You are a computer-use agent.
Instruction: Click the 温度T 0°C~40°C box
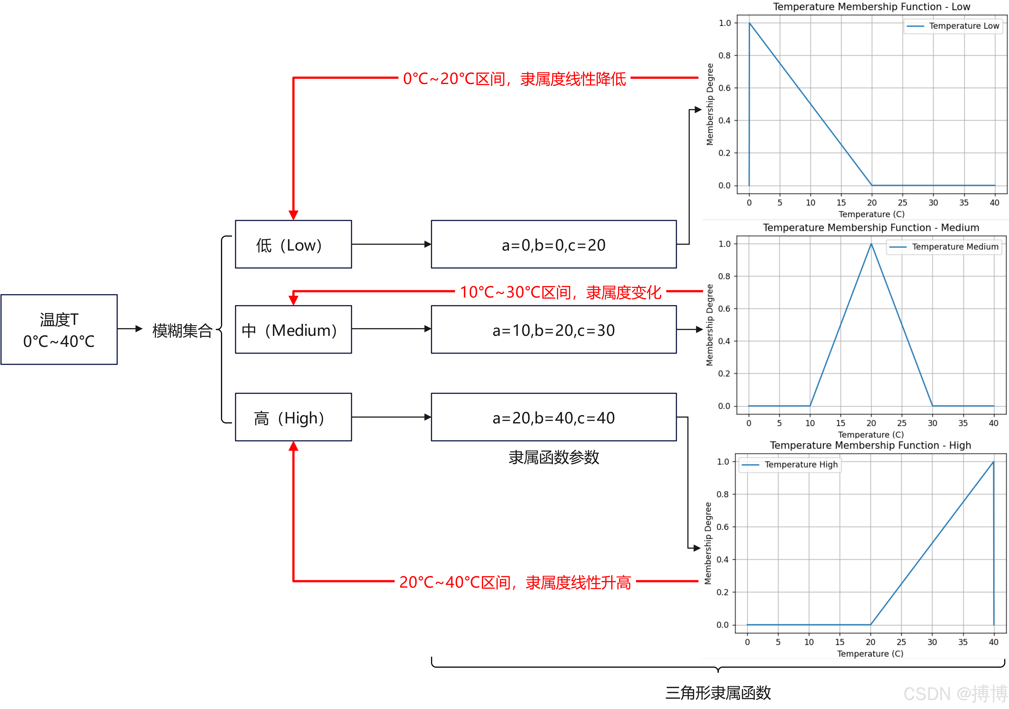(x=59, y=329)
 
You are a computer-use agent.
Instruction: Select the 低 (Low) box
(x=293, y=244)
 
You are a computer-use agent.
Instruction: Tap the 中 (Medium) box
(x=293, y=329)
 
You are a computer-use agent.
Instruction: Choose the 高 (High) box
(x=293, y=417)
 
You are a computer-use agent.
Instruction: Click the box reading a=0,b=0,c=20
(x=553, y=244)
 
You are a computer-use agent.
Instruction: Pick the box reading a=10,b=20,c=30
(x=553, y=329)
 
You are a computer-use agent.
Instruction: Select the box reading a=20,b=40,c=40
(x=553, y=417)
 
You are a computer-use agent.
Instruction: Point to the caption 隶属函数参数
(x=553, y=457)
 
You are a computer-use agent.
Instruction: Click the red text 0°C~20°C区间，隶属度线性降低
(x=514, y=79)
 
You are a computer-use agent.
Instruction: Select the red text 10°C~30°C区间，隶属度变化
(x=560, y=292)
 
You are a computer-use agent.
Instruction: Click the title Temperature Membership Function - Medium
(x=871, y=227)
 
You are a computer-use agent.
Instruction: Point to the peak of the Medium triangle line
(x=871, y=245)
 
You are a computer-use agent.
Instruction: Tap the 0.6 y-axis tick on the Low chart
(x=724, y=88)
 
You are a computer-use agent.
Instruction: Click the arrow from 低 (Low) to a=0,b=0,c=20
(x=391, y=244)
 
